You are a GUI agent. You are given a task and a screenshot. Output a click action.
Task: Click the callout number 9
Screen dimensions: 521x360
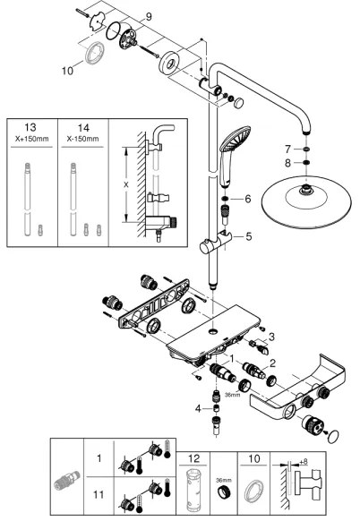(x=150, y=16)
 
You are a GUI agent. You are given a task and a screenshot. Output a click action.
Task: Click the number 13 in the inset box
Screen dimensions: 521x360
(x=31, y=128)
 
